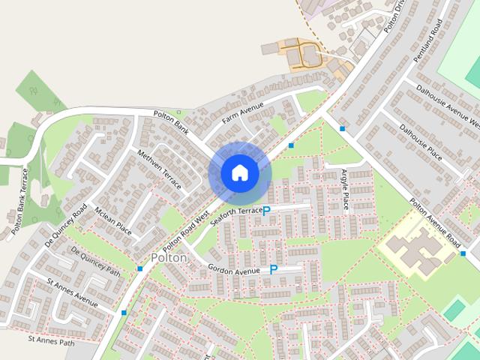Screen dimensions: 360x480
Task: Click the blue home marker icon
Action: (239, 173)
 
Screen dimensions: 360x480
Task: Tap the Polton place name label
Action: (169, 257)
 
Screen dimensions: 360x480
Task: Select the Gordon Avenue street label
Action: (233, 270)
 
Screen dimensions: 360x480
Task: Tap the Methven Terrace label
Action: (160, 169)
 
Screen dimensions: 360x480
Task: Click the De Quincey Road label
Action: (66, 225)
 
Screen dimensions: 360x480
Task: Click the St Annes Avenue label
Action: (72, 293)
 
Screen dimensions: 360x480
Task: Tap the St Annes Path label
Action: (52, 340)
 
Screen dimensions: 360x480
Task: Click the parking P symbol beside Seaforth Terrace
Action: (266, 212)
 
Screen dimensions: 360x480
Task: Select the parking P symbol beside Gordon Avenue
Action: (274, 269)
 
